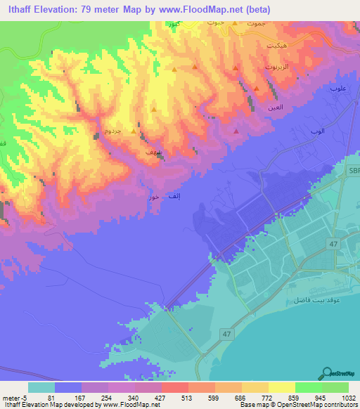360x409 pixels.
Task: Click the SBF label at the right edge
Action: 354,170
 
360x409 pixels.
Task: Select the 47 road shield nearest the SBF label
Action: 332,243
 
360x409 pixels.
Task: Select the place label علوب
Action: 338,89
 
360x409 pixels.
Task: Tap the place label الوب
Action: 317,131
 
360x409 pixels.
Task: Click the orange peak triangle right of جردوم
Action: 133,130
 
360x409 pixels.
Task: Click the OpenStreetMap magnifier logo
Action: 326,372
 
